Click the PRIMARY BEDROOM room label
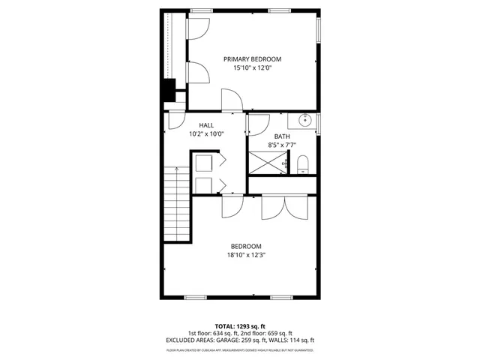click(253, 58)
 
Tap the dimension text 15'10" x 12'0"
click(253, 68)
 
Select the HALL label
click(206, 125)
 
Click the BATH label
click(282, 136)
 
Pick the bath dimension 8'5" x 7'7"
click(282, 145)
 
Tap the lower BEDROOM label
click(245, 246)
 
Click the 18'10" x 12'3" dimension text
click(245, 255)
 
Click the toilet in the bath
click(303, 163)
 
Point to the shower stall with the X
click(268, 163)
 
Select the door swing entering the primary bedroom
click(231, 99)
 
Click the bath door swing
click(257, 124)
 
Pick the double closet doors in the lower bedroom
click(283, 208)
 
